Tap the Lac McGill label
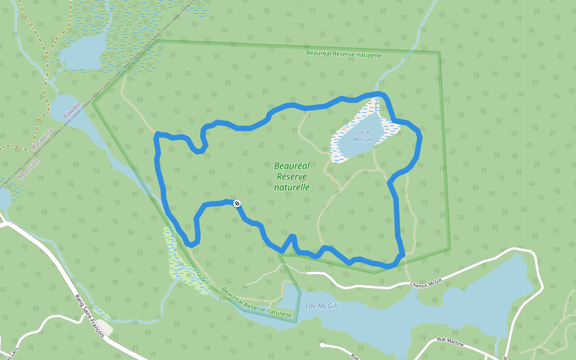tap(322, 306)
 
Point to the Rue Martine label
tap(451, 340)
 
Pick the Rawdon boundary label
tap(73, 109)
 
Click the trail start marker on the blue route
tap(237, 203)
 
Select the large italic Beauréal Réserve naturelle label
tap(292, 176)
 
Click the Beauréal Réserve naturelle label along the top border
tap(343, 54)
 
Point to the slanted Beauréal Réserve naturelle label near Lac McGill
tap(256, 303)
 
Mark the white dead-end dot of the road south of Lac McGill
tap(322, 346)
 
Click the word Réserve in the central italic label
tap(292, 176)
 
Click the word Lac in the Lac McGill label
tap(311, 306)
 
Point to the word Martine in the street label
tap(455, 340)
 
